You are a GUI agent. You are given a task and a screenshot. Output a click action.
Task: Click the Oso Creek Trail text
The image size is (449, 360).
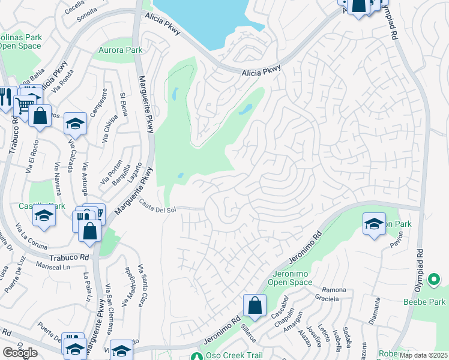[235, 355]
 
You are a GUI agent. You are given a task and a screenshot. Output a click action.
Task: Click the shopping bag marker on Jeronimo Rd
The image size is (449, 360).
[255, 305]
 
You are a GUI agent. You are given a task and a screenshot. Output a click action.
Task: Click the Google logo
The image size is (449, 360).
[19, 353]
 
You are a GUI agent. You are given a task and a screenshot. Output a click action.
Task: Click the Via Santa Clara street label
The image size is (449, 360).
[142, 285]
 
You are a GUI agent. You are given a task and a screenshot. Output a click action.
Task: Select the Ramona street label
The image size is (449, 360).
[334, 290]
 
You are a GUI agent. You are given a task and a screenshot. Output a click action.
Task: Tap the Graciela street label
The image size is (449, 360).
[335, 298]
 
